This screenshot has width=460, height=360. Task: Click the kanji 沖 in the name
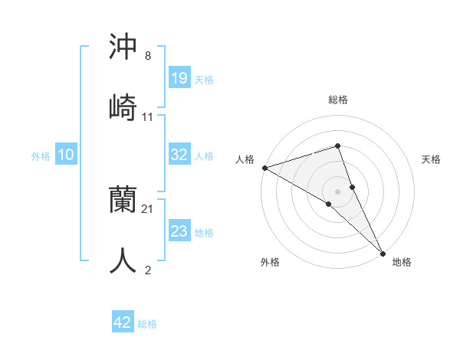point(123,47)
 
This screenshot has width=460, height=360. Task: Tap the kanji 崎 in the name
point(123,107)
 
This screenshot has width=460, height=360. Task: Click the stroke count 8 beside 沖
point(148,57)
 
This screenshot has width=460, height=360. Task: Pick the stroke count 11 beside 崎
point(148,116)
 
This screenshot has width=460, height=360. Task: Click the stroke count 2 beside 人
point(148,270)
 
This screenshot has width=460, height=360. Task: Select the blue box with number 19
point(179,78)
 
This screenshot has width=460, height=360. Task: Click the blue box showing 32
point(179,155)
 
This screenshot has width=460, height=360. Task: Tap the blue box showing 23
point(179,231)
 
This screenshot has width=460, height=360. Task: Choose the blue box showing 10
point(66,155)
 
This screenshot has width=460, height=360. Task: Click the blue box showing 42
point(123,322)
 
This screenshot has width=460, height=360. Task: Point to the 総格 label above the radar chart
point(337,100)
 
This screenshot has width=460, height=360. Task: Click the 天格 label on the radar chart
point(431,159)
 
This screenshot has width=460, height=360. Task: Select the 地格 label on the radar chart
point(402,262)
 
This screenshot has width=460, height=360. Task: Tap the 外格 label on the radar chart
point(270,262)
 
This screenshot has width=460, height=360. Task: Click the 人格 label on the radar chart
point(245,159)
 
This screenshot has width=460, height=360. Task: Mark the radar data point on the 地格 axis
point(383,252)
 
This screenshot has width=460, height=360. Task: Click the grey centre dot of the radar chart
point(337,190)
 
